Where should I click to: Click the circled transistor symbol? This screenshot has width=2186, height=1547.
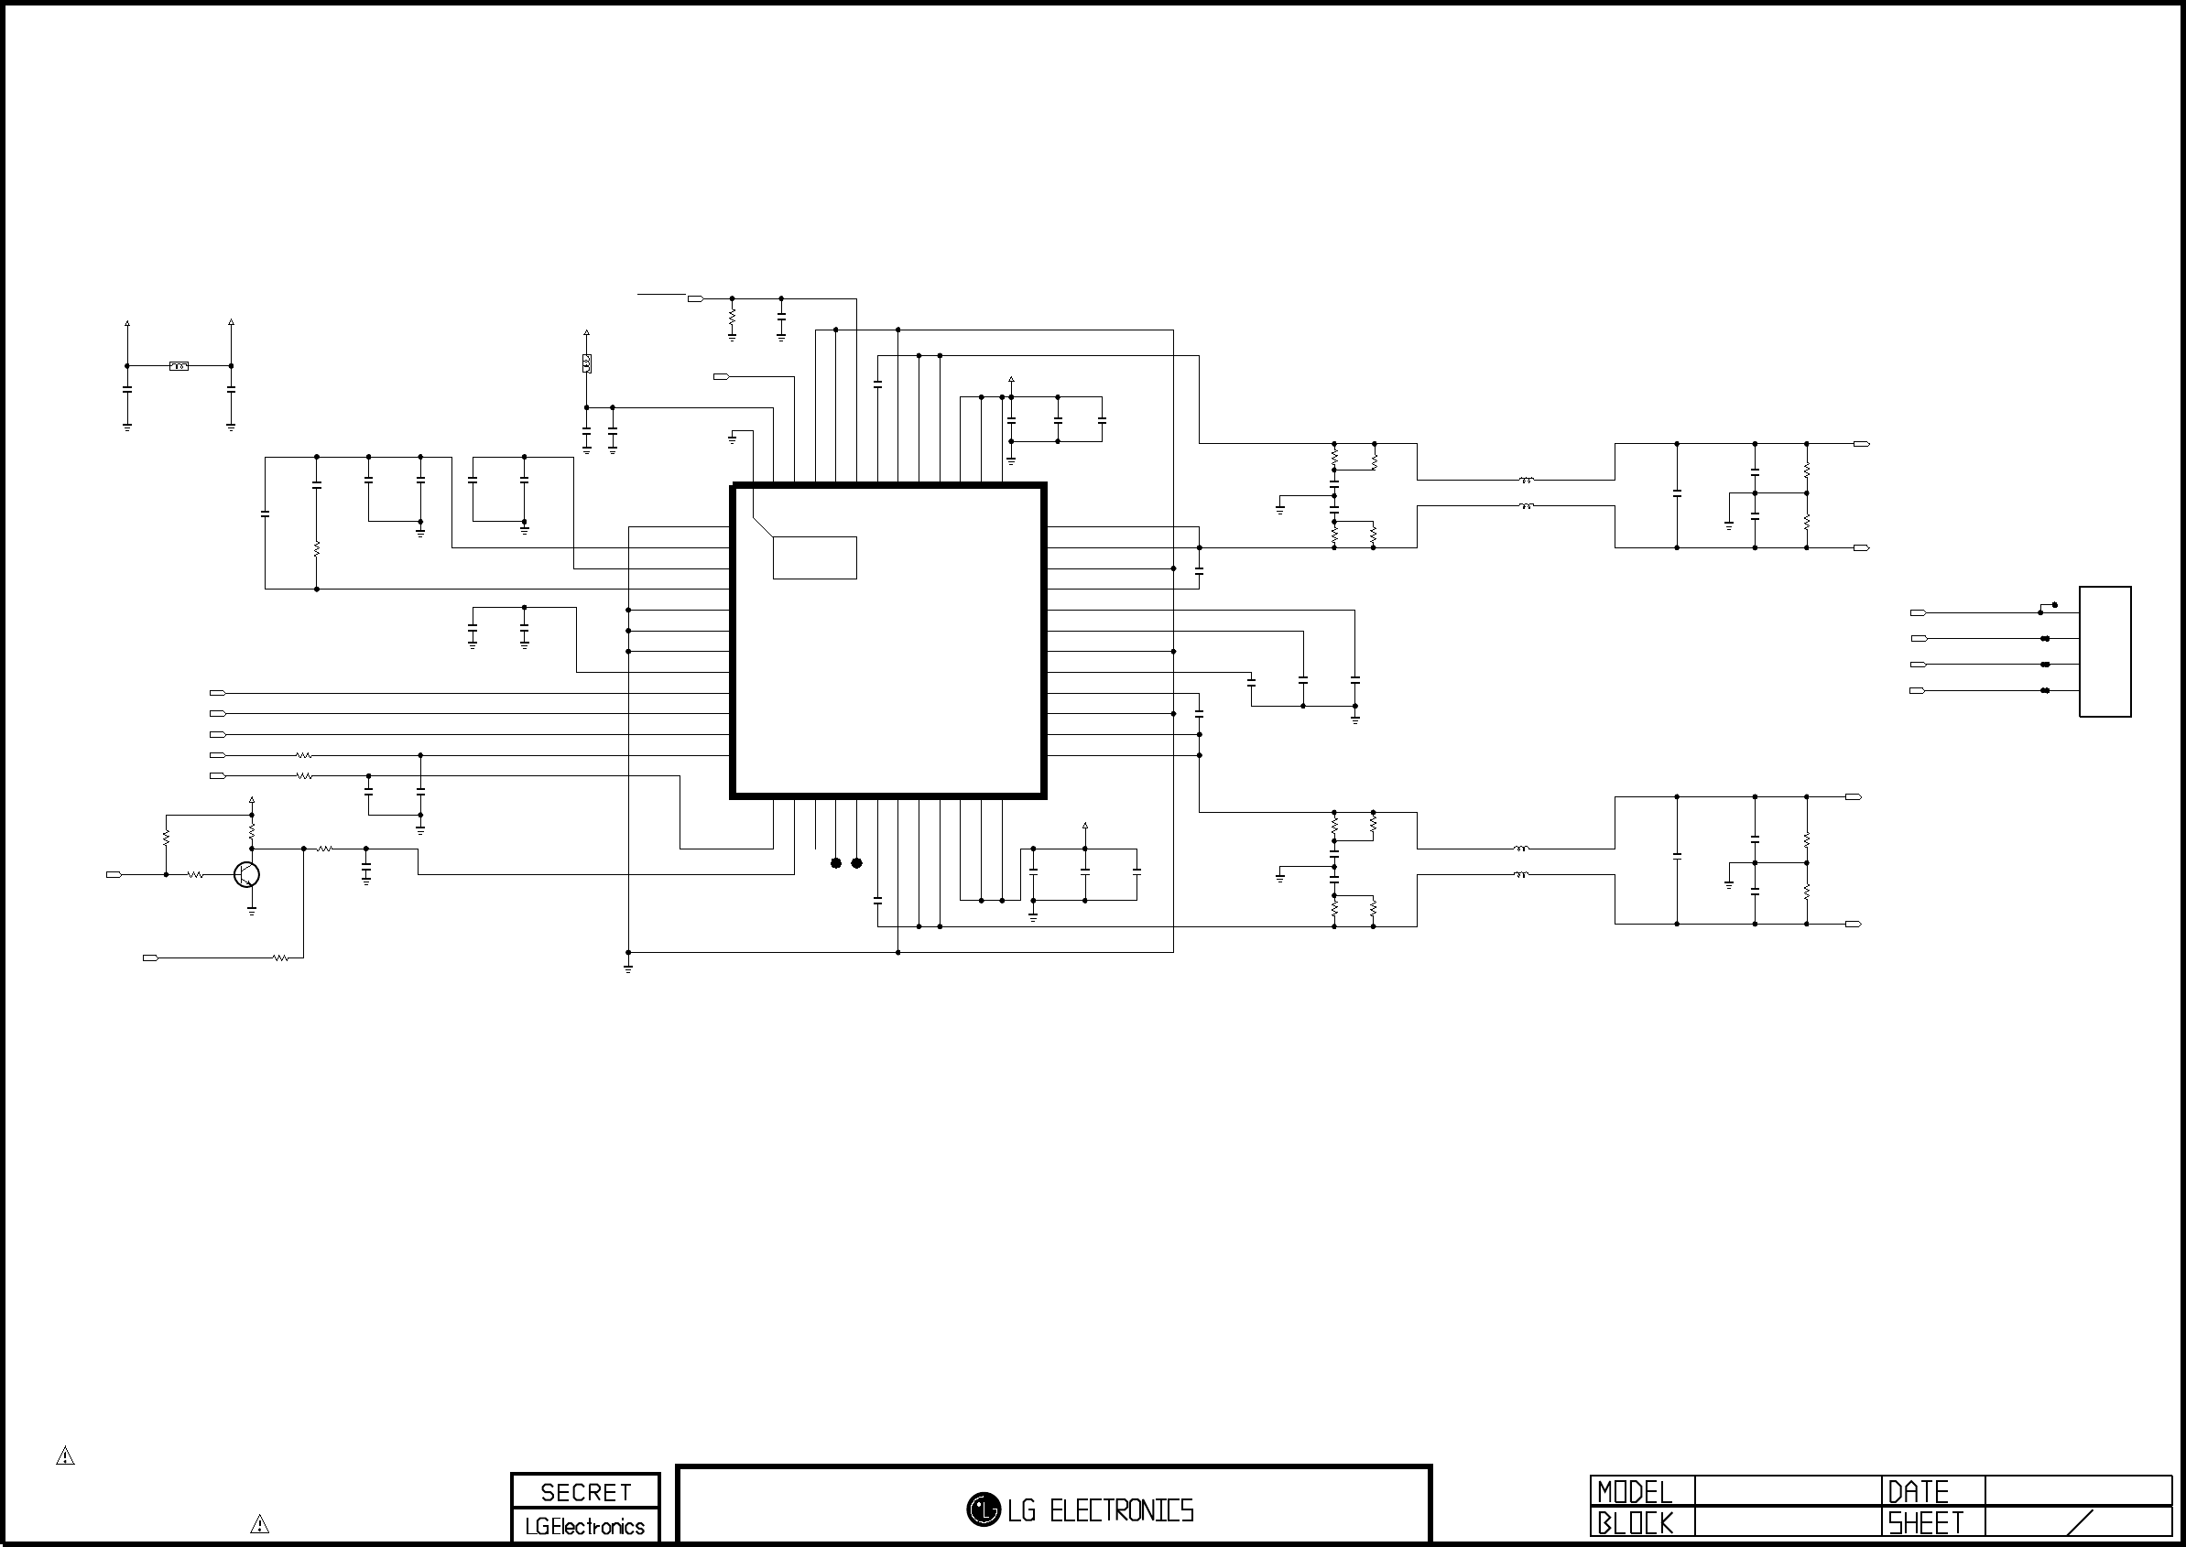(247, 874)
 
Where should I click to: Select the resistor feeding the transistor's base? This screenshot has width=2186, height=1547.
(195, 874)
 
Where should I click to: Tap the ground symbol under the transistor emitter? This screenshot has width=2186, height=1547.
(252, 911)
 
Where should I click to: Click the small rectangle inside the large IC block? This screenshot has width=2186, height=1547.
(815, 557)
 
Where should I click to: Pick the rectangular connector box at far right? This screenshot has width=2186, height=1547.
(2105, 652)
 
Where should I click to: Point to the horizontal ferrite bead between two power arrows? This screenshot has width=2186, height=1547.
(179, 366)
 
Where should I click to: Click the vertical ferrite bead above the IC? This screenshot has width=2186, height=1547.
(586, 364)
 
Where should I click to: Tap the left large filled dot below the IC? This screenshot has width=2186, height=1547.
(836, 863)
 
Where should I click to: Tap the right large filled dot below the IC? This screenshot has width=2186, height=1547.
(856, 863)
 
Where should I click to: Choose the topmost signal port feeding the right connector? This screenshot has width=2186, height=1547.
(1919, 612)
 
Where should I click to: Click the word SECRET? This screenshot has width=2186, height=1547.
(586, 1492)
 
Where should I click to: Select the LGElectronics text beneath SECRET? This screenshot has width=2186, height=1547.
(585, 1526)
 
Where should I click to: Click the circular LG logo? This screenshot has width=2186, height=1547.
(984, 1509)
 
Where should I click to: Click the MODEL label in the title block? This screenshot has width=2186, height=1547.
(1635, 1492)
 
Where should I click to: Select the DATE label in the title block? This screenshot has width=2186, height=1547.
(1918, 1492)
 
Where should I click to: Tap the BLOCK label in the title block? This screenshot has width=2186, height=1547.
(1635, 1523)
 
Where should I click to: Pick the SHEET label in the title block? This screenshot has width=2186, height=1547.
(1925, 1523)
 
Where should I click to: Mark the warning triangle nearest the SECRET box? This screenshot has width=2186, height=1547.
(259, 1524)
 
